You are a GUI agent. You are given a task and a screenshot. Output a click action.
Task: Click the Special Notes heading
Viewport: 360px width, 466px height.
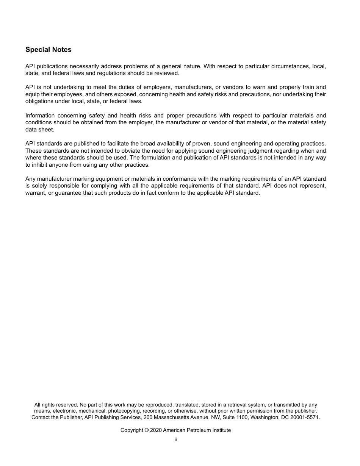click(48, 50)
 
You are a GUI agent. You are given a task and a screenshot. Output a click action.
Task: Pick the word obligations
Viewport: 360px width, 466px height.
click(40, 101)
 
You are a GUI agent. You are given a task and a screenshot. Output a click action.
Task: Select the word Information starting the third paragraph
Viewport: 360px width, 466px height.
click(40, 116)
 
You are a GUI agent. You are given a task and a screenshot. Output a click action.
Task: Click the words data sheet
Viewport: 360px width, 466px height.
click(40, 130)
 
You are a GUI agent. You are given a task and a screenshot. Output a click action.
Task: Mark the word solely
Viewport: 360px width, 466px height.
click(40, 186)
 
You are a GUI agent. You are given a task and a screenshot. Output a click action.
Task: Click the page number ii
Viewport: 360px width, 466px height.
click(175, 440)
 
